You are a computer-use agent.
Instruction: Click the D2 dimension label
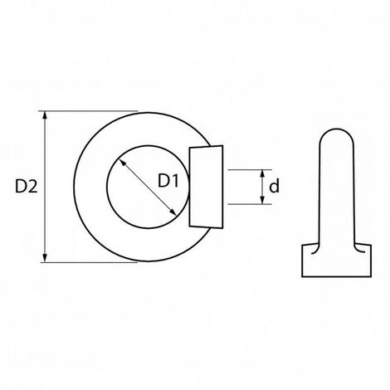coord(26,186)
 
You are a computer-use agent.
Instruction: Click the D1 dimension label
coord(168,181)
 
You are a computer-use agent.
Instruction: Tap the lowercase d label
coord(274,186)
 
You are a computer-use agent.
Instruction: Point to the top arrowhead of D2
coord(45,115)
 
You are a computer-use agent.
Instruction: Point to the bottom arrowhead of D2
coord(45,258)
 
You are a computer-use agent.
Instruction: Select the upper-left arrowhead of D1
coord(123,163)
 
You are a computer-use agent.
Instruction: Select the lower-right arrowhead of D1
coord(173,212)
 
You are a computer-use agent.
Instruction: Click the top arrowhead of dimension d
coord(262,174)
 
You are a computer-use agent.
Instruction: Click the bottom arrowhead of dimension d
coord(262,200)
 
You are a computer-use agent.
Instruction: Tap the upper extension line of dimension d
coord(250,169)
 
